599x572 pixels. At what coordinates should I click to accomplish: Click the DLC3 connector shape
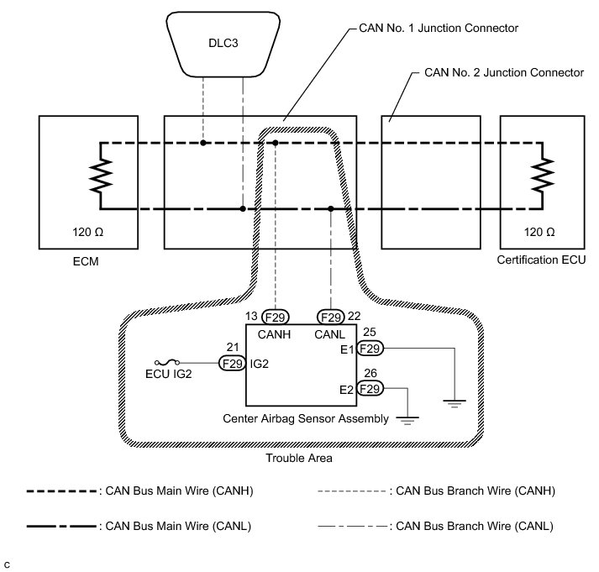click(x=223, y=44)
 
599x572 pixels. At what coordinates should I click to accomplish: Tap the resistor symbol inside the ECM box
click(x=101, y=176)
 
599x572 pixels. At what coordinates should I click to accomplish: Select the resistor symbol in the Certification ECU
click(x=542, y=175)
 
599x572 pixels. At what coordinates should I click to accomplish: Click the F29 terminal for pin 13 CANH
click(x=275, y=317)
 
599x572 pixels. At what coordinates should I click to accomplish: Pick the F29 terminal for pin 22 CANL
click(x=331, y=317)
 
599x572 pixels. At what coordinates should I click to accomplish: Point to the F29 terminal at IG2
click(x=232, y=363)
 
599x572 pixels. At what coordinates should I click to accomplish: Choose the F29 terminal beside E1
click(x=370, y=349)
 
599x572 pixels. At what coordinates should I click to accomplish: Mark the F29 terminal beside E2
click(x=370, y=388)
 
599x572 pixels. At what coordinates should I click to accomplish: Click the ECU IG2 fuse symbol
click(x=167, y=362)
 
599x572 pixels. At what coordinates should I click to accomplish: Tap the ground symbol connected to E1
click(x=455, y=404)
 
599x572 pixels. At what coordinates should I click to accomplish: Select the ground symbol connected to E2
click(x=407, y=421)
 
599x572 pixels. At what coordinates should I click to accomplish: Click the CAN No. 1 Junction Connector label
click(x=439, y=28)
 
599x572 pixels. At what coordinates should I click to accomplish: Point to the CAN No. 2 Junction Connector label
click(x=504, y=72)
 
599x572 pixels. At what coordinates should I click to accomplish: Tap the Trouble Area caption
click(x=299, y=458)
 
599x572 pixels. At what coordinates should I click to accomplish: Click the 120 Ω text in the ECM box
click(x=88, y=232)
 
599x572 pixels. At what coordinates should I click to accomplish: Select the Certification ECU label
click(x=541, y=260)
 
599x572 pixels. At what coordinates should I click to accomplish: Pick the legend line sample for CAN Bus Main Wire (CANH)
click(x=61, y=491)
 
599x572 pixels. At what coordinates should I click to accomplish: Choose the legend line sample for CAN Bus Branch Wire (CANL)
click(x=353, y=526)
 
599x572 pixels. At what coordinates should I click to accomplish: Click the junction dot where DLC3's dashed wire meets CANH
click(x=203, y=143)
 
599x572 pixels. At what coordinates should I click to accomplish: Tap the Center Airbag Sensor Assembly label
click(x=306, y=418)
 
